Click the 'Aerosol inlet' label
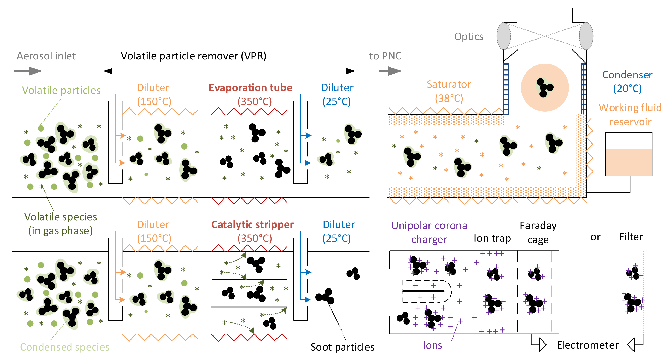(x=46, y=56)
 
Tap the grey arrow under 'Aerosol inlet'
(x=28, y=71)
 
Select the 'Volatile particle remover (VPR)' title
(x=194, y=56)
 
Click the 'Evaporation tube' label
(x=250, y=88)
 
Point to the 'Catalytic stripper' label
(x=252, y=224)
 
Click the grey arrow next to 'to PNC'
(x=390, y=71)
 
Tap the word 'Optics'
(x=469, y=37)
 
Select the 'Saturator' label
(x=449, y=84)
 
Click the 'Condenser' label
(x=627, y=75)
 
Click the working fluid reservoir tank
(x=628, y=154)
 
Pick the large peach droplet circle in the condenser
(x=545, y=88)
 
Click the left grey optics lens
(x=504, y=36)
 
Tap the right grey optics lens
(x=586, y=36)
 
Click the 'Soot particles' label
(x=343, y=347)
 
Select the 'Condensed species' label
(x=65, y=347)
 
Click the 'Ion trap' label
(x=492, y=238)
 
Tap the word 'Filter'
(x=631, y=237)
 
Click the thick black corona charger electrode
(x=423, y=291)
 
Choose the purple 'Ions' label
(x=432, y=345)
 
